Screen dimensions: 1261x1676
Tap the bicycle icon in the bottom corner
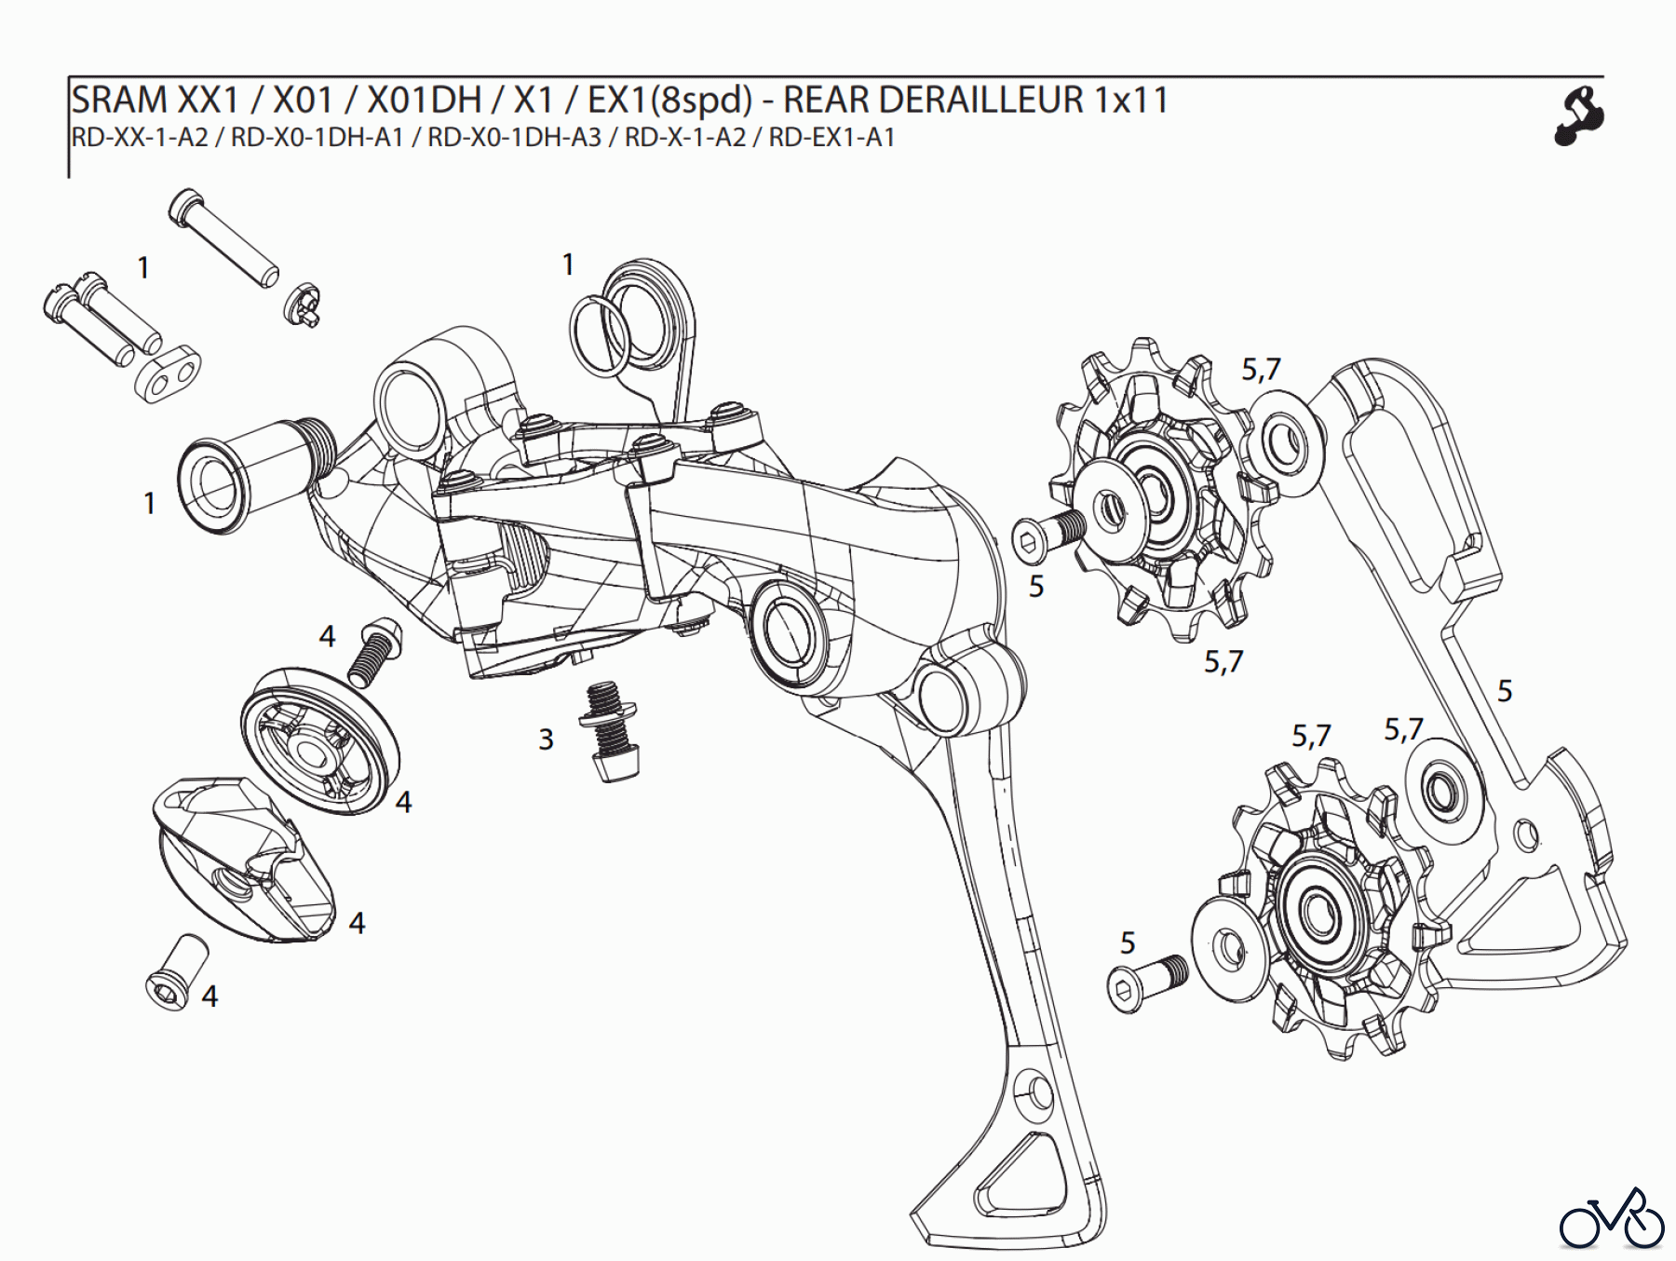pos(1612,1219)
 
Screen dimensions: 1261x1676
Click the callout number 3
pos(546,739)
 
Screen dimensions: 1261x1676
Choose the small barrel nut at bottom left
pos(176,969)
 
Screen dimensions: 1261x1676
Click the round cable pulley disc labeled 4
pos(318,740)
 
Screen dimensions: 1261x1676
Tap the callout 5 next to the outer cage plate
pos(1505,691)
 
